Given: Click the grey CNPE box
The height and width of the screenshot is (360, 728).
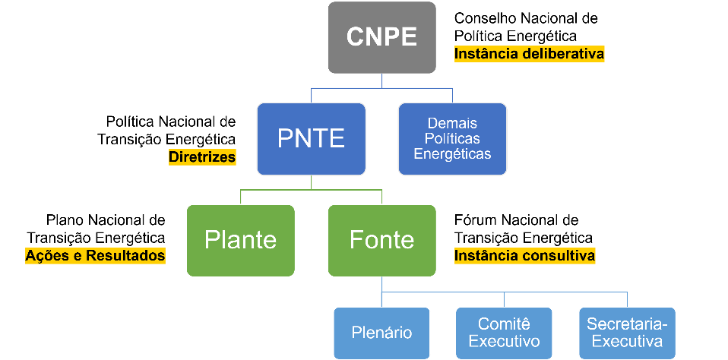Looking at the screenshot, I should (x=381, y=37).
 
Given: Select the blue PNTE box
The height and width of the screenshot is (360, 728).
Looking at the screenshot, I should (x=311, y=138).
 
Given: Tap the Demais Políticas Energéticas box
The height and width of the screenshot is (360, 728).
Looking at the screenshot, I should (x=452, y=138).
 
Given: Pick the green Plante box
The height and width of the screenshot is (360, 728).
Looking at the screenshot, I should (x=240, y=240).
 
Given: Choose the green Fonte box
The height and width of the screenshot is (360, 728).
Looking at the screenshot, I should (x=381, y=240).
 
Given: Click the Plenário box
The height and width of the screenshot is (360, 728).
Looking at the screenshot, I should (x=381, y=333).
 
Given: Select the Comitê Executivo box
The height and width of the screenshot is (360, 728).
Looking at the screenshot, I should (x=504, y=333).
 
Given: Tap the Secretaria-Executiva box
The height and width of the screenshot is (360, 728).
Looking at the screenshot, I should (x=626, y=333).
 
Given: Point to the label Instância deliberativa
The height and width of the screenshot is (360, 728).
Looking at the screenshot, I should (x=529, y=54).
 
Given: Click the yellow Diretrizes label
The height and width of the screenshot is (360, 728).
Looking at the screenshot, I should (x=202, y=157).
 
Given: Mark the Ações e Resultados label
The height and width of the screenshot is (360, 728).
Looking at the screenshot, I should (x=95, y=256).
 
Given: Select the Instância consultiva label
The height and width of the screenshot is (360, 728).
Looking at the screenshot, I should (x=524, y=256).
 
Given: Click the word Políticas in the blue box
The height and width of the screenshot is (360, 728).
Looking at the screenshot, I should (x=452, y=138).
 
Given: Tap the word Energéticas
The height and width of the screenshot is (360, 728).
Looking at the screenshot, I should (x=452, y=153).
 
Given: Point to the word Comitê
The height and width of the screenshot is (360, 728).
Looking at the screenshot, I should (x=504, y=324).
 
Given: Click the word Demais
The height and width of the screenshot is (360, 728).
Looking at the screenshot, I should (x=452, y=123).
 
